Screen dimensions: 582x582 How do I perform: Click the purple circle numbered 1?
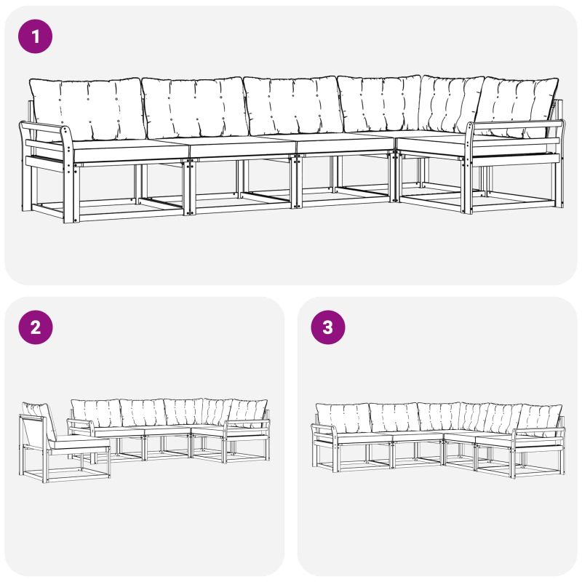(35, 36)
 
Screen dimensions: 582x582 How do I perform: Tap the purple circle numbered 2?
(35, 327)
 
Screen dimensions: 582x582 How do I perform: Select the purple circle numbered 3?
(328, 327)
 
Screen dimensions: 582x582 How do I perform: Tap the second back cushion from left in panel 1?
(195, 107)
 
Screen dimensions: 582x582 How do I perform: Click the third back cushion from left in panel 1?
(293, 105)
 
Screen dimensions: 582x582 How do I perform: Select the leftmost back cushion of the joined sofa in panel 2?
(97, 413)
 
